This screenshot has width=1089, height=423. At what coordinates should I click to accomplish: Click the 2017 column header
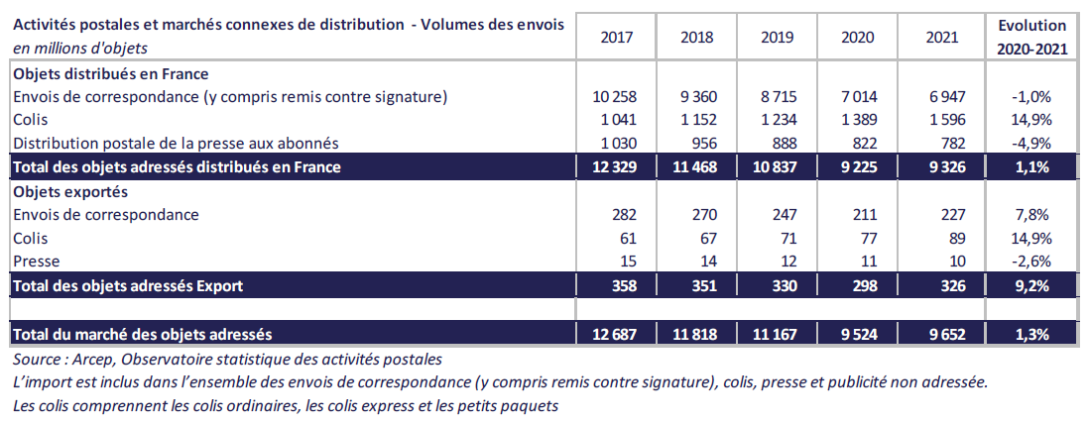click(x=616, y=37)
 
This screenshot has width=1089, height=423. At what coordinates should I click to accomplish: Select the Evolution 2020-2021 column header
click(x=1032, y=37)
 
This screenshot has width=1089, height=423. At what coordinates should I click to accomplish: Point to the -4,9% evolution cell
click(x=1032, y=144)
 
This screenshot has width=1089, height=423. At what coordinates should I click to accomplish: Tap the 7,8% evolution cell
click(x=1032, y=215)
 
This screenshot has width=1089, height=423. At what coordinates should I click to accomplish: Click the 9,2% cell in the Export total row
click(x=1032, y=286)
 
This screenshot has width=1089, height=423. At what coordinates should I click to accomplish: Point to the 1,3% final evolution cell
click(x=1032, y=334)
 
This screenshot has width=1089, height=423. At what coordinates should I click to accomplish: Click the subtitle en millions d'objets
click(x=80, y=48)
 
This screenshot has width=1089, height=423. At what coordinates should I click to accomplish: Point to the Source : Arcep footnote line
click(x=227, y=359)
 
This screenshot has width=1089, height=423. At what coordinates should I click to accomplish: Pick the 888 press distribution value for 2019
click(x=779, y=144)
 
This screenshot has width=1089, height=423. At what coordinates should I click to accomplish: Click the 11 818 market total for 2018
click(x=696, y=334)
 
